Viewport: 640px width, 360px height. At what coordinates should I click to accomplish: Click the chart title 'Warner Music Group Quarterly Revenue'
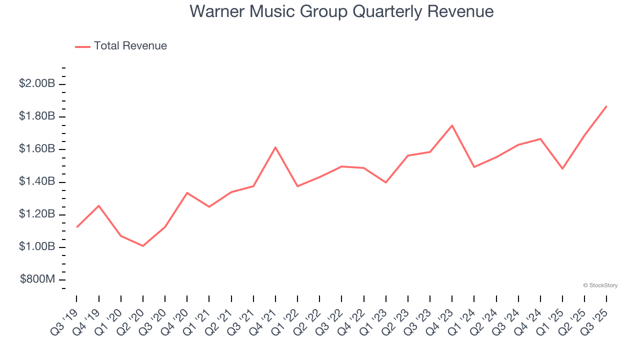341,11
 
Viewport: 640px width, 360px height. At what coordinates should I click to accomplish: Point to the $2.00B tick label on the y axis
37,83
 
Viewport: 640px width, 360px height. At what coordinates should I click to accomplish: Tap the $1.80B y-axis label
37,116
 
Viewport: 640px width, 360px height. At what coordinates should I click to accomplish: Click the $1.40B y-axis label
37,181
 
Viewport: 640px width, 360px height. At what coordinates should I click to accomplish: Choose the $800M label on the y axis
37,279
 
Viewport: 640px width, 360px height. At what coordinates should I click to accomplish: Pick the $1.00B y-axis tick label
37,247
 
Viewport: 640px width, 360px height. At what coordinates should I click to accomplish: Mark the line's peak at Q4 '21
275,147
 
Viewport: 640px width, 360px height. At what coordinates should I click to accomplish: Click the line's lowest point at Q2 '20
143,246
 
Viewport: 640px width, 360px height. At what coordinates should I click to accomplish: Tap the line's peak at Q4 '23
452,125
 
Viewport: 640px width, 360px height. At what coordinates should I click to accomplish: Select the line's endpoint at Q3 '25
606,106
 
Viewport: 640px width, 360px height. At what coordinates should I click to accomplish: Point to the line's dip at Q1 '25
562,168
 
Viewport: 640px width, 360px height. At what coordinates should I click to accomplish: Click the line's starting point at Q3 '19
77,227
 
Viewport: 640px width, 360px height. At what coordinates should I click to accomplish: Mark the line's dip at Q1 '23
386,182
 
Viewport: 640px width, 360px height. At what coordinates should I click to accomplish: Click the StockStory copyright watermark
600,285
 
